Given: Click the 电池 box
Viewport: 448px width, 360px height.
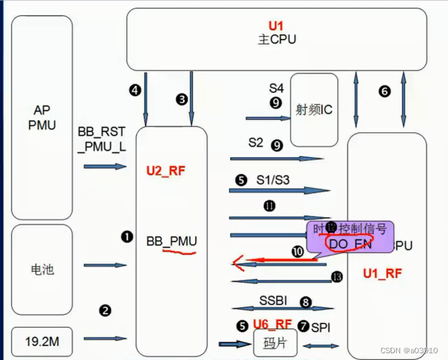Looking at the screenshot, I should pos(42,270).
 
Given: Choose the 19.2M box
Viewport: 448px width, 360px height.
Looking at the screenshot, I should pos(42,342).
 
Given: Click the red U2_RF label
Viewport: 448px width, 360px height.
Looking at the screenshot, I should pos(166,171).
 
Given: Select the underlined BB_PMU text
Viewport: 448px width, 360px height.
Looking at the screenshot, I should pos(171,240).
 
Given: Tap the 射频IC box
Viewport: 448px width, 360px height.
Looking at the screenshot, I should pos(314,109).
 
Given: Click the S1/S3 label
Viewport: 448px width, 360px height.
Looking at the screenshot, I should pos(272,180).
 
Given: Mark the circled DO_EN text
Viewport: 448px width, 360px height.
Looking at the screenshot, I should pos(348,243).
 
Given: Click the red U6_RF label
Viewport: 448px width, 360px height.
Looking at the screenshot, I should pos(273,325).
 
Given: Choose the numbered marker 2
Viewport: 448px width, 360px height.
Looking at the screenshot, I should pos(105,311).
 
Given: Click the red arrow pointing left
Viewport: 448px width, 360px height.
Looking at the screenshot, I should pos(270,260).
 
